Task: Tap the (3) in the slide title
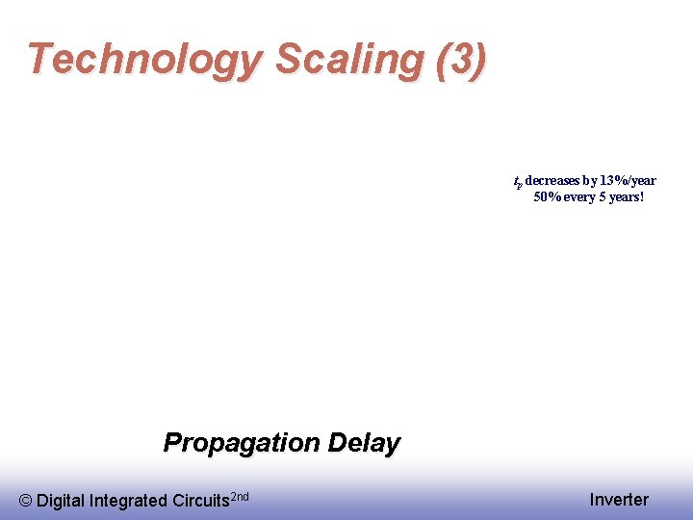click(461, 60)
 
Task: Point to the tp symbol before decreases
click(517, 182)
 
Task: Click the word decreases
click(552, 181)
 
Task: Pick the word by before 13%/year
click(590, 181)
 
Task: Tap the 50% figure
click(548, 197)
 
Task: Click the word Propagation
click(240, 443)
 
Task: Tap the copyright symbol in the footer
click(26, 501)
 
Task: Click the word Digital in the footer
click(61, 501)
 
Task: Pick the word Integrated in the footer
click(127, 501)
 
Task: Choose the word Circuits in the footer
click(200, 501)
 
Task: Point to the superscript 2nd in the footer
click(241, 496)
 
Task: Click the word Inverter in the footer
click(619, 500)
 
